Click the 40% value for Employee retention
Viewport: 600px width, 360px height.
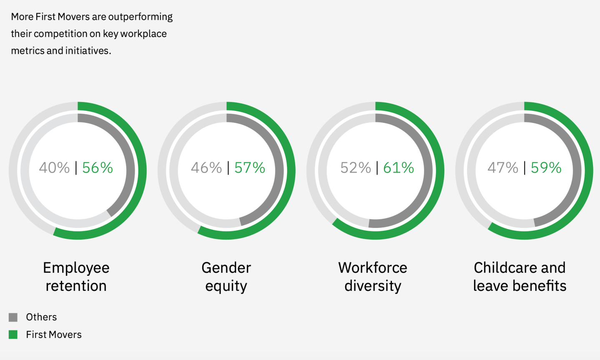[x=54, y=168]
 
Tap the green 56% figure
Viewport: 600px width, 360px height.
[x=98, y=168]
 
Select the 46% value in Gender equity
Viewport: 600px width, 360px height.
[x=206, y=168]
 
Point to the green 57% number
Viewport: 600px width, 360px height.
[x=249, y=168]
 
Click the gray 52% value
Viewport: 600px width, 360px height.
[x=355, y=168]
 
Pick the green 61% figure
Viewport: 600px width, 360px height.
[x=399, y=168]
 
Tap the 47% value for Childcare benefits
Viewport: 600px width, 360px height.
[x=503, y=168]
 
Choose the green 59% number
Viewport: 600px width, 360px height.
[x=546, y=168]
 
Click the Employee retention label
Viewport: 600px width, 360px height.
[x=76, y=277]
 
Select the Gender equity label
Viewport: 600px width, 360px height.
[x=226, y=277]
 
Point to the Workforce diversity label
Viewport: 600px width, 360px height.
[x=373, y=277]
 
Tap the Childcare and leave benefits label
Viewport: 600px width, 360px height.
[x=520, y=277]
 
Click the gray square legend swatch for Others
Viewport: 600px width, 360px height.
[x=13, y=317]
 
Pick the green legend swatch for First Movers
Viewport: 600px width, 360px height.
[x=13, y=335]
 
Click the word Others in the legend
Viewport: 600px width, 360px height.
[x=41, y=317]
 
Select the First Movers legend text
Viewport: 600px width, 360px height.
[x=54, y=335]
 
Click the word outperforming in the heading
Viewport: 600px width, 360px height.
[x=140, y=17]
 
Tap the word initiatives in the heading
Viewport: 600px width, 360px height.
[x=87, y=51]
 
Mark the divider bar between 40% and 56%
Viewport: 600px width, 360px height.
[x=76, y=168]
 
